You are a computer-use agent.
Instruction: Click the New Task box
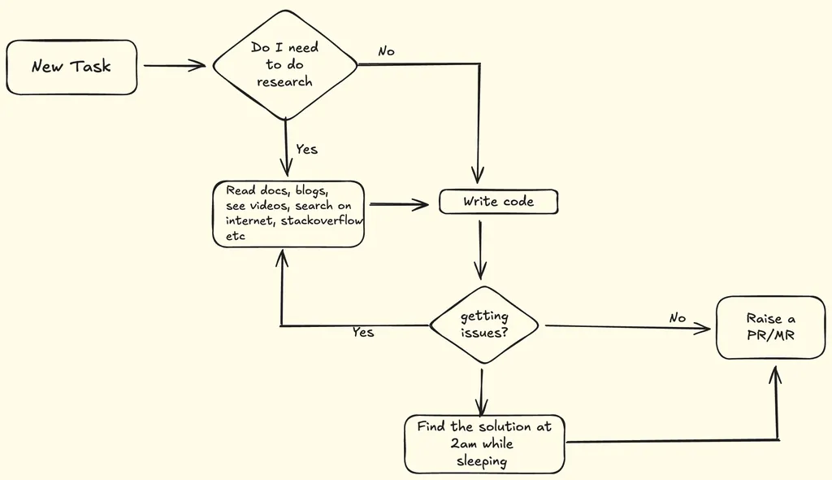(71, 67)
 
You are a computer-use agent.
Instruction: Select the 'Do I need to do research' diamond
(285, 65)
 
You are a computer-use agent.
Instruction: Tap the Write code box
(498, 201)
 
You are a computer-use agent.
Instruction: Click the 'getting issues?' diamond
(484, 325)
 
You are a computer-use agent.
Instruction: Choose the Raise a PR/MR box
(770, 327)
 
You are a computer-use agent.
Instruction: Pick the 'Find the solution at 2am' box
(484, 443)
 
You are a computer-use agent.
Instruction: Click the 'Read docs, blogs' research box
(288, 213)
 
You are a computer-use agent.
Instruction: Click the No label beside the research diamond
(386, 51)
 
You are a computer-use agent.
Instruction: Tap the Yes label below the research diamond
(306, 149)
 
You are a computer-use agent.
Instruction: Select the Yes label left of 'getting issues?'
(363, 332)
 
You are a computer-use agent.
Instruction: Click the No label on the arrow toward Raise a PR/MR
(678, 318)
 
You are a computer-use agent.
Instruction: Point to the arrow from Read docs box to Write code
(398, 205)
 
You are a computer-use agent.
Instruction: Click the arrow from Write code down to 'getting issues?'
(481, 248)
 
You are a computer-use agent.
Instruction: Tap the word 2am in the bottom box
(463, 443)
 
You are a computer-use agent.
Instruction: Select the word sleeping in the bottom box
(481, 460)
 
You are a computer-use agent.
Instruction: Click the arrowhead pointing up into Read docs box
(282, 258)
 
